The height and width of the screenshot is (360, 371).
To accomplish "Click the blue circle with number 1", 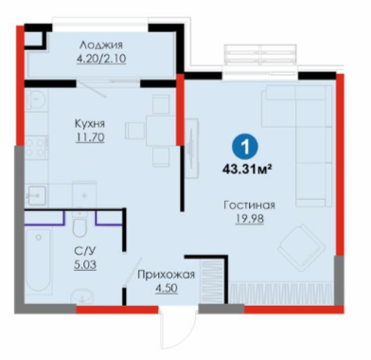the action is point(245,147).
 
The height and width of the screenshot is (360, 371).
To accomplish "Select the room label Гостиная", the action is point(249,206).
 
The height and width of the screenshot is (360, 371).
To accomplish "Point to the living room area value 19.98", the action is point(250,219).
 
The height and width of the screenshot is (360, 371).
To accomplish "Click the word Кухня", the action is point(90,123).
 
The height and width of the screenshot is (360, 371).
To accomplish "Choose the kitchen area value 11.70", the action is point(90,137).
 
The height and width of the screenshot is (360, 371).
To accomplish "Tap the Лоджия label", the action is point(101,45).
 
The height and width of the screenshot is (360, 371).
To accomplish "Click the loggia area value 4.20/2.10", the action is point(101,59).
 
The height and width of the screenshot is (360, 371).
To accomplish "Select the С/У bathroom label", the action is point(84,251).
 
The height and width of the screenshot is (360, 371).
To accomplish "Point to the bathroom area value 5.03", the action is point(85,265).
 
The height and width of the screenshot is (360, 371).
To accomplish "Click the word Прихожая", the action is point(166,275).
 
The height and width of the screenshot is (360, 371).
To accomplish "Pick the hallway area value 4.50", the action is point(166,289).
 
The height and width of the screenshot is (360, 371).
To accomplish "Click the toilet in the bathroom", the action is point(79,223).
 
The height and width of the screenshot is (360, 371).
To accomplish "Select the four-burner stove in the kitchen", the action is point(35,148).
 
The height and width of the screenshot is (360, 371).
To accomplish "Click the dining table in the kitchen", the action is point(161,131).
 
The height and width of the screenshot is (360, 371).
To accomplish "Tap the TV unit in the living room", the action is point(191,148).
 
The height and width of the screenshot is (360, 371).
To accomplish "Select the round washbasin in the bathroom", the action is point(82,297).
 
